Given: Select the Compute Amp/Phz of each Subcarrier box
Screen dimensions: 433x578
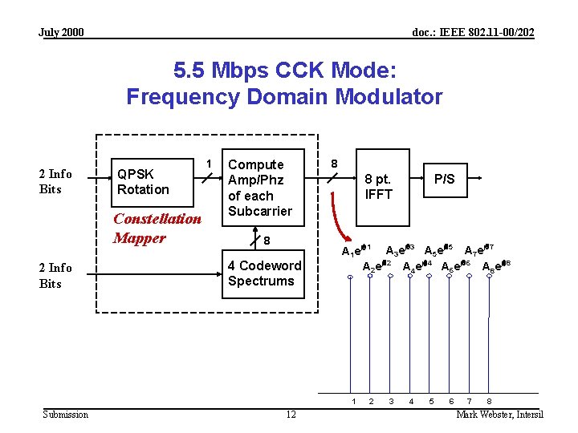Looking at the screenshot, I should (x=264, y=188).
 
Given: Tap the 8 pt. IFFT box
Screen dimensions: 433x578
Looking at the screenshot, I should (x=378, y=186).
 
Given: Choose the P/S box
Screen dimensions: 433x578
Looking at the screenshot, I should (x=444, y=179).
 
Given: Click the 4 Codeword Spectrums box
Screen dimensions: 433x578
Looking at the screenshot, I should (x=264, y=273).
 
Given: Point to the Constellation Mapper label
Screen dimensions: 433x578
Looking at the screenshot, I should (x=157, y=228).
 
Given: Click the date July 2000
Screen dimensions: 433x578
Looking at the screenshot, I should (x=61, y=32).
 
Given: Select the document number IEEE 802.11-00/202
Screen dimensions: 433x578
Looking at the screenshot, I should (x=473, y=32).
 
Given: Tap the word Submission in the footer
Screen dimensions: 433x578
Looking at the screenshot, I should (x=66, y=414).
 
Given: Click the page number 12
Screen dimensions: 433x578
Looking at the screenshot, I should (x=291, y=414).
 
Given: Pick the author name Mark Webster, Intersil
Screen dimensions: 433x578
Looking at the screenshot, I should (x=499, y=414).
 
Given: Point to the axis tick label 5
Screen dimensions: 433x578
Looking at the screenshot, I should (x=431, y=400).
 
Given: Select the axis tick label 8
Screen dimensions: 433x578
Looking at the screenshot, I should (x=490, y=400).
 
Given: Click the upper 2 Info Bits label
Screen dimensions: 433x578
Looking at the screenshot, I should (x=55, y=181).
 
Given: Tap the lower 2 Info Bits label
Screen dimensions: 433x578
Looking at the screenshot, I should (x=55, y=275).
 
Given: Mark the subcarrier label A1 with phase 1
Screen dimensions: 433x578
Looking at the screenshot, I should (x=356, y=250).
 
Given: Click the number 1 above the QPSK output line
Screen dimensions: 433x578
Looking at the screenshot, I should (x=210, y=163).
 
